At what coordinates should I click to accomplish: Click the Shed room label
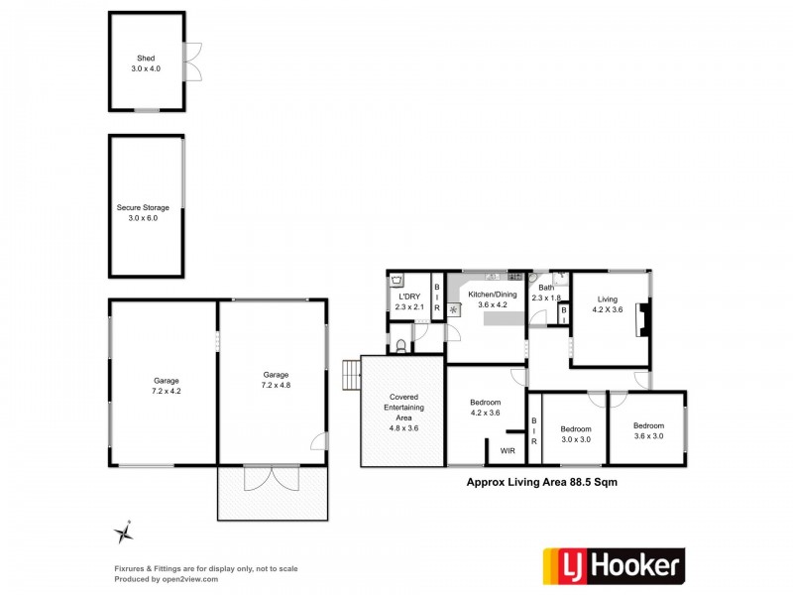[146, 62]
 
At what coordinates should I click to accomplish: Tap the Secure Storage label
[143, 212]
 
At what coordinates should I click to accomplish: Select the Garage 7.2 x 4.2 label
[166, 385]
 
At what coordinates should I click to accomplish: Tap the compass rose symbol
[124, 534]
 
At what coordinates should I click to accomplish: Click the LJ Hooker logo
[612, 564]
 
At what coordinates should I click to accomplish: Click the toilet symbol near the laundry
[398, 344]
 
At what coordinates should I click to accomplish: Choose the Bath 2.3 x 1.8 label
[546, 293]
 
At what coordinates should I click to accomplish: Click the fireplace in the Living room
[642, 319]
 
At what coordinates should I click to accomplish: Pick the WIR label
[508, 451]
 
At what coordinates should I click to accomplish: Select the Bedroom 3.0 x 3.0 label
[575, 434]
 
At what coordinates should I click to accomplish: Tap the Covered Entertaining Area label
[403, 413]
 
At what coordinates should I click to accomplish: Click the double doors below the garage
[271, 478]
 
